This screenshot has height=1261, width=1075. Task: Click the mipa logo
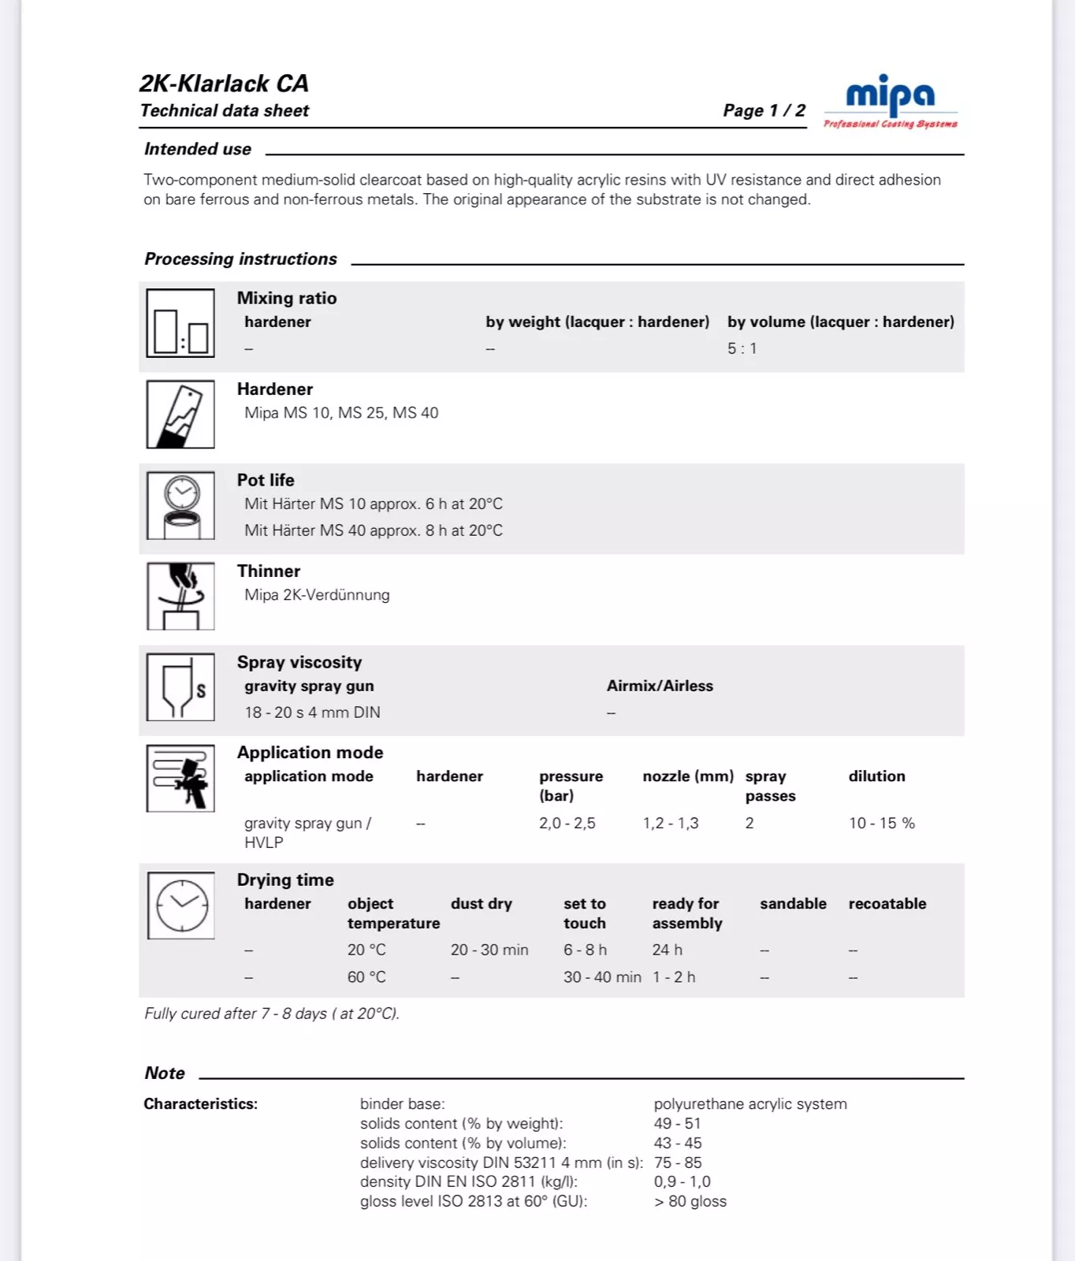tap(891, 101)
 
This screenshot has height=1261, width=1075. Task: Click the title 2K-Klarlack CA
tap(224, 84)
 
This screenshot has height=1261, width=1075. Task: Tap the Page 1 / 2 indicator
tap(764, 110)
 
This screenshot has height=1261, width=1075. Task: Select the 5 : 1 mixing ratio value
tap(742, 348)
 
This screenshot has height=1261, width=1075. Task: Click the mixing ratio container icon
tap(180, 323)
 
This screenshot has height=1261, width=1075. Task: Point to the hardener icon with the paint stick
tap(180, 415)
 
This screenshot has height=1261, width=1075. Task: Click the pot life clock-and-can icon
tap(180, 505)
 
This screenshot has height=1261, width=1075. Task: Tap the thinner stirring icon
tap(180, 596)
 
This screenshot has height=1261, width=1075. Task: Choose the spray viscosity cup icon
tap(180, 687)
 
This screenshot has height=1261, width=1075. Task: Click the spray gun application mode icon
tap(180, 778)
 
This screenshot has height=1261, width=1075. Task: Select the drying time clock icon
tap(181, 906)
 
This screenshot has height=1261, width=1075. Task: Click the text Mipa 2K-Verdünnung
tap(317, 595)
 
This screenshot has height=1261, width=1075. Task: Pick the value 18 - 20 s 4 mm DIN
tap(312, 712)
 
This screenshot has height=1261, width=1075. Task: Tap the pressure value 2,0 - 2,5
tap(567, 823)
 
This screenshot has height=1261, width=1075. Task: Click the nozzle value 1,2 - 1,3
tap(671, 823)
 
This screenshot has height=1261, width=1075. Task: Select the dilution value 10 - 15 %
tap(882, 823)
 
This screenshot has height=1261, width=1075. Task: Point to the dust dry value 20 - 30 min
tap(489, 950)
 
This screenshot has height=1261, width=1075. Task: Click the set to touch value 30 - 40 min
tap(602, 977)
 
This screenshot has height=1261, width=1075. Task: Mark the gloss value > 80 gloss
tap(690, 1201)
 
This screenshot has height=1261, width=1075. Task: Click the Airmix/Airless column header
tap(660, 686)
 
